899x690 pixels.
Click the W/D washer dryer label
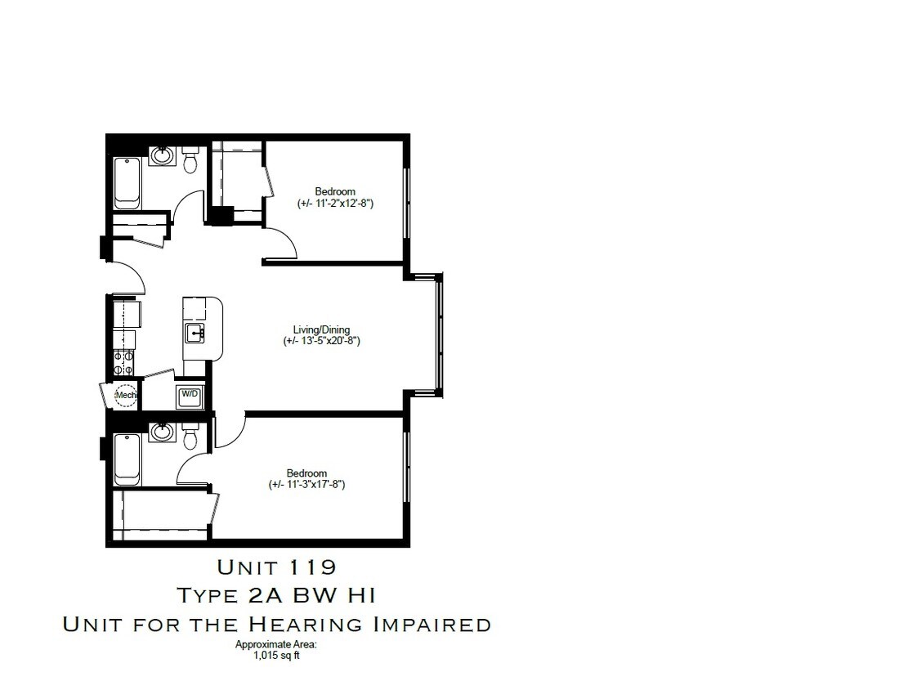tap(190, 394)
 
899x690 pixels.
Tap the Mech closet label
tap(125, 396)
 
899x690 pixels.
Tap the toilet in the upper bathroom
tap(191, 160)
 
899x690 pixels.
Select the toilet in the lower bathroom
tap(191, 437)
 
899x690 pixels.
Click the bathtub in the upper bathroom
tap(127, 181)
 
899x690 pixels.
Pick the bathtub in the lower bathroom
tap(127, 459)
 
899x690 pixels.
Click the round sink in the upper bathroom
tap(162, 154)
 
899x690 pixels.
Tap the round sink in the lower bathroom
tap(162, 432)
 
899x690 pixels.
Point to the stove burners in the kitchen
tap(123, 362)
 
